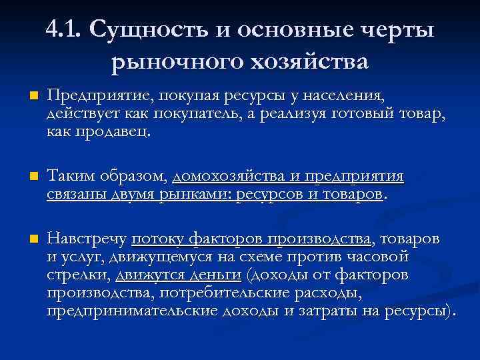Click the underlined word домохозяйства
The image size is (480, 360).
coord(227,177)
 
